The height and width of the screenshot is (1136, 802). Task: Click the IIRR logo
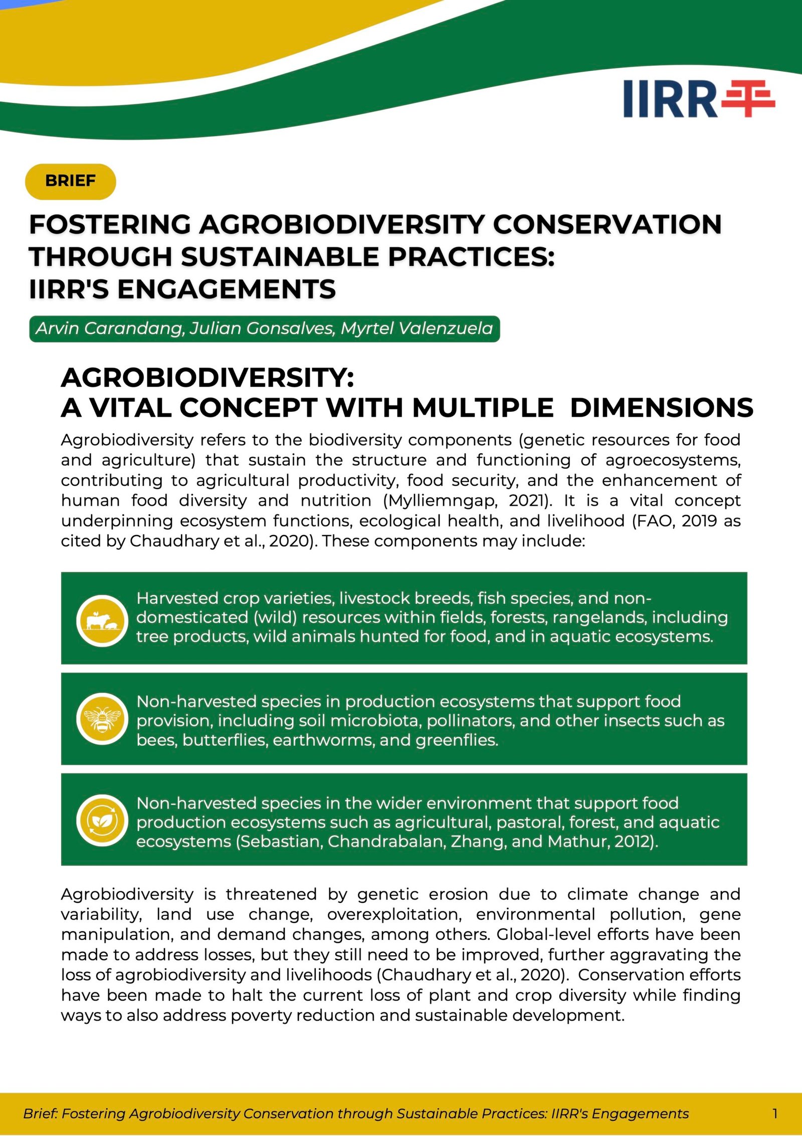click(x=699, y=99)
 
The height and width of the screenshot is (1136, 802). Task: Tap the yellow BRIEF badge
click(x=70, y=181)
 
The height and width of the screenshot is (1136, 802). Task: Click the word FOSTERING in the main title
click(x=110, y=224)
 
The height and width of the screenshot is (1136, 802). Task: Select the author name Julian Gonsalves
click(x=262, y=329)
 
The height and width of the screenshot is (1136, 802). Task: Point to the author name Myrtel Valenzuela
click(x=417, y=329)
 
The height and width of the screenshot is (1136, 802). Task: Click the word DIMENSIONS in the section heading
click(x=661, y=407)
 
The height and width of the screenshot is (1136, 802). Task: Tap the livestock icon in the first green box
click(x=102, y=621)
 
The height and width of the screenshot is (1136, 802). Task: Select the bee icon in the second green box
click(x=102, y=719)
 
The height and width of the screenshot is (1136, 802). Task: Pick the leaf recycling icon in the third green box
click(x=102, y=821)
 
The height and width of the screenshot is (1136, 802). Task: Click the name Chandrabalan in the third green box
click(x=386, y=841)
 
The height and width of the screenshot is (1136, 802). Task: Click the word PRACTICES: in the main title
click(x=471, y=257)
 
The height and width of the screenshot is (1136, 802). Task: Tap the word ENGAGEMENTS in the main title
click(x=226, y=289)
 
